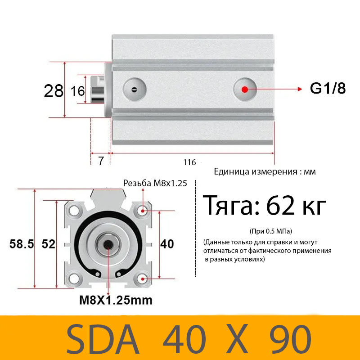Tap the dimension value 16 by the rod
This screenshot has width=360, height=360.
78,91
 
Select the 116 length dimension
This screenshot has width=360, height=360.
190,162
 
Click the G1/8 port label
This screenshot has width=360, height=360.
328,89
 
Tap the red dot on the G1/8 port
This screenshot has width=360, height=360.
245,89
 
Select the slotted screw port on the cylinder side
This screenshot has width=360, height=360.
134,89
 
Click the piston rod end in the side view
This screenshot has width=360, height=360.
98,89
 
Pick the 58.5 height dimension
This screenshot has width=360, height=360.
22,244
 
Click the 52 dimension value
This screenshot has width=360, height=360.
48,244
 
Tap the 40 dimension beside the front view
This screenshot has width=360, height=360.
167,244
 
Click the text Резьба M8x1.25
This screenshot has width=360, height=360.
155,183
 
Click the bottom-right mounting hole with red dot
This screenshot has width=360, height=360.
143,279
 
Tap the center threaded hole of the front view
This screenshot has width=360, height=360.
108,244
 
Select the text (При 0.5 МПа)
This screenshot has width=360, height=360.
270,231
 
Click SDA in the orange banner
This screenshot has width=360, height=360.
105,338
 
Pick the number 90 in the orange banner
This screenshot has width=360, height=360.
290,338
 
